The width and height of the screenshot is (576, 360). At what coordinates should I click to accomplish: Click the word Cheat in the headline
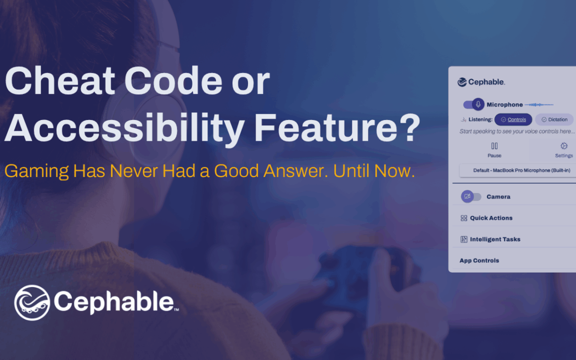pyautogui.click(x=60, y=81)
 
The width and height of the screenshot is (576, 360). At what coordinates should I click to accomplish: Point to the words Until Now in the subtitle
pyautogui.click(x=374, y=171)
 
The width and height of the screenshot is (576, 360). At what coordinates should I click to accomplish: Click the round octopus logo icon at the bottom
pyautogui.click(x=32, y=303)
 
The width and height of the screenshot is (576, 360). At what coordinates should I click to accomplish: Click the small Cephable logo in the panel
pyautogui.click(x=481, y=82)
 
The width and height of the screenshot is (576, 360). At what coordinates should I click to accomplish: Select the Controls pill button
pyautogui.click(x=513, y=119)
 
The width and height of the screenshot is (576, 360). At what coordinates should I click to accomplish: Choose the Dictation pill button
pyautogui.click(x=554, y=119)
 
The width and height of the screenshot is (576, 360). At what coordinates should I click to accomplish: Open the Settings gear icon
pyautogui.click(x=564, y=146)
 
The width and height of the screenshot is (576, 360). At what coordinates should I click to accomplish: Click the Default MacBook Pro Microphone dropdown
pyautogui.click(x=521, y=171)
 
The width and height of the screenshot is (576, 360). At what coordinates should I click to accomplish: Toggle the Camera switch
pyautogui.click(x=471, y=196)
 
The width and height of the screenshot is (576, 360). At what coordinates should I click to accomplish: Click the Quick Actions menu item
pyautogui.click(x=486, y=218)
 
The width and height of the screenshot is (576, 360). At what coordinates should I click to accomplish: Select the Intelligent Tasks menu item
pyautogui.click(x=491, y=239)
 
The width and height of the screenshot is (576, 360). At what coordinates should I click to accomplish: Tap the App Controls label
pyautogui.click(x=479, y=260)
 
